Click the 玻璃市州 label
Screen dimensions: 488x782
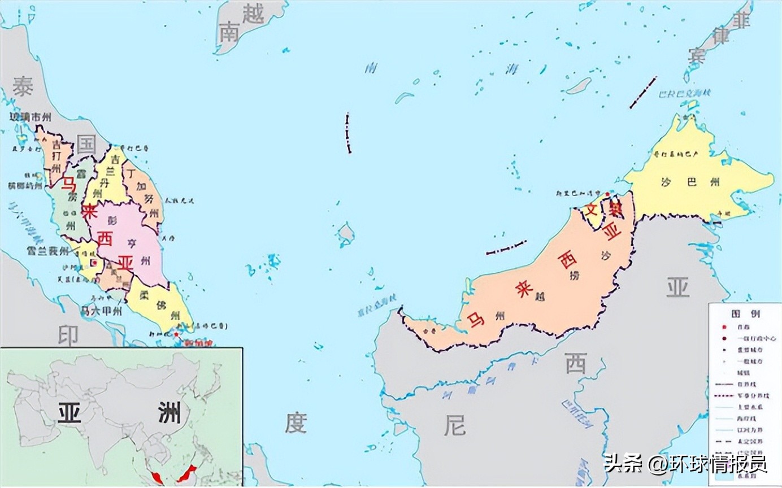point(31,117)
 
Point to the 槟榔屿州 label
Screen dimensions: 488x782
point(25,185)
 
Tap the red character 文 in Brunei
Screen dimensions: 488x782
point(591,212)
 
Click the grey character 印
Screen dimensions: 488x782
point(68,335)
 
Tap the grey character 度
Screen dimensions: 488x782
point(296,422)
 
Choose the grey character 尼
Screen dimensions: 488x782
point(455,425)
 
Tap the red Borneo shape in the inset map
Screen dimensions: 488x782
point(186,473)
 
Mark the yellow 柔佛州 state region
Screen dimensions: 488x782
point(158,308)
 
